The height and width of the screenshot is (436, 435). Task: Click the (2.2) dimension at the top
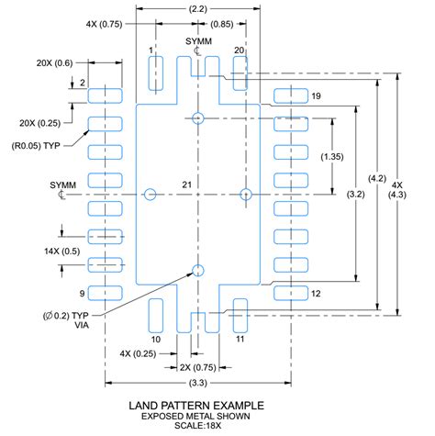click(196, 8)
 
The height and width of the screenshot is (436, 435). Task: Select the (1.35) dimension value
click(333, 157)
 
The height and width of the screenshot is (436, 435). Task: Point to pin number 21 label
click(186, 185)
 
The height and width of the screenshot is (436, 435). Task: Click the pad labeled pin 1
click(156, 73)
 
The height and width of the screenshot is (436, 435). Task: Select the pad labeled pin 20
click(240, 73)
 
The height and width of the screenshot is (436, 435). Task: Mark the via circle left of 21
click(151, 194)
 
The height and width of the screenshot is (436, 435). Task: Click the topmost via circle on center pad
click(197, 117)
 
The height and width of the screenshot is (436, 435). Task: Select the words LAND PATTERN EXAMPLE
click(197, 405)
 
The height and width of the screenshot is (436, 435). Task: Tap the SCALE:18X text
click(197, 427)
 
